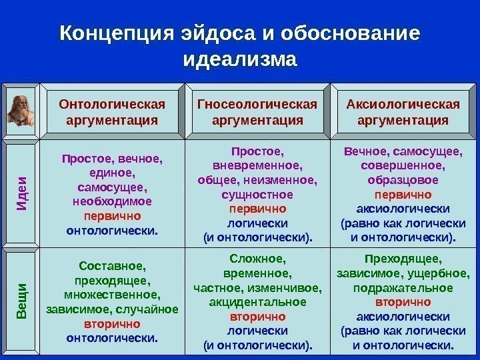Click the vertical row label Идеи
22,191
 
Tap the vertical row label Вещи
22,300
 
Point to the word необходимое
112,201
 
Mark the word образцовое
402,180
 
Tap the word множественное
112,295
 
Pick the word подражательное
402,287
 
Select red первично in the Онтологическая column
112,217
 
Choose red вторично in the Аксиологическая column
402,302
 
